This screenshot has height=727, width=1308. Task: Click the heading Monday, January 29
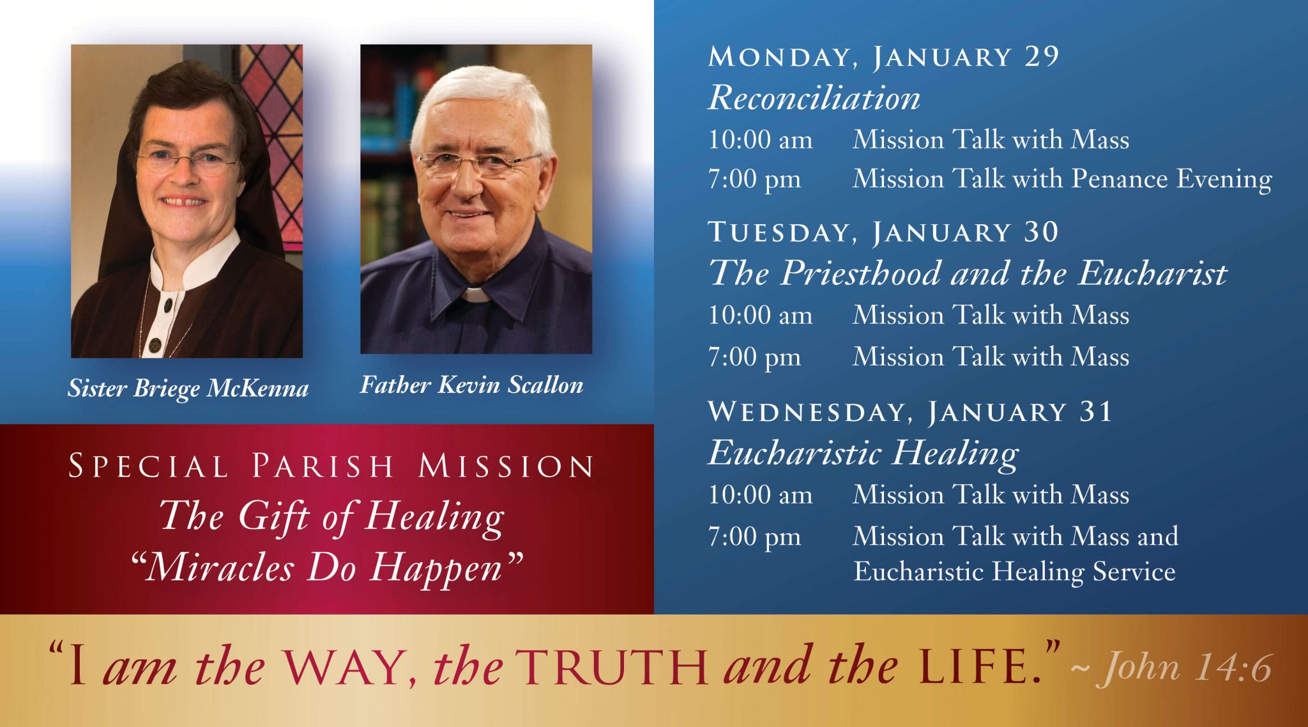[x=884, y=57]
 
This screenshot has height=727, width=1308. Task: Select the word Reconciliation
[x=814, y=98]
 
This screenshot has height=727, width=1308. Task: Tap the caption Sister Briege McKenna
[x=188, y=388]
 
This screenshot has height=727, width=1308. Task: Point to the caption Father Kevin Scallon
[x=472, y=385]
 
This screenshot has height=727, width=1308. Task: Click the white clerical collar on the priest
[x=475, y=295]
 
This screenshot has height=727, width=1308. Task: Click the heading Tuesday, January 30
[x=884, y=232]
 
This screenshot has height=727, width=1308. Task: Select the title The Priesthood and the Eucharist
[x=968, y=273]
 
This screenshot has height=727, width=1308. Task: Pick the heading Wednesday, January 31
[x=911, y=411]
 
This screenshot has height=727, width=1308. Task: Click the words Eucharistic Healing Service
[x=1014, y=572]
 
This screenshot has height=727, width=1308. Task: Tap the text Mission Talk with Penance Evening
[x=1062, y=179]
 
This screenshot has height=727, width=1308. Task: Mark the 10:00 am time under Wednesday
[x=760, y=495]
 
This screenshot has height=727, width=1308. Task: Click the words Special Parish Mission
[x=331, y=466]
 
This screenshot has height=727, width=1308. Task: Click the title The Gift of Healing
[x=331, y=517]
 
